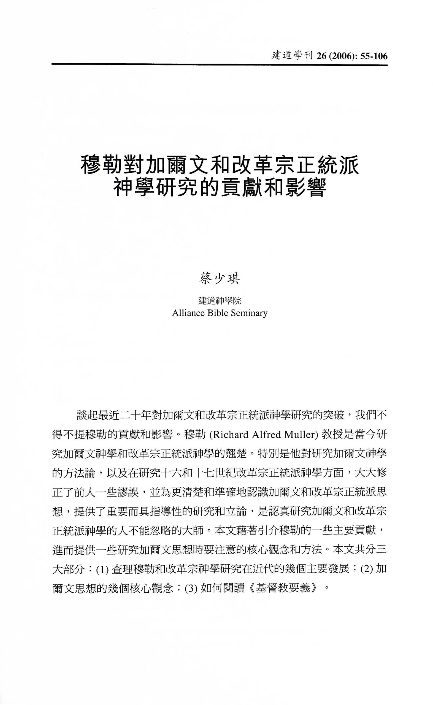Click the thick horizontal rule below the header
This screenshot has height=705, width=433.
(x=219, y=65)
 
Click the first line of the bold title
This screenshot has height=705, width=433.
(x=219, y=165)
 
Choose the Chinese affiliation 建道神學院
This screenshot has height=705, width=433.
(x=219, y=300)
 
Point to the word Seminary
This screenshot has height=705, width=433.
(x=249, y=313)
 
